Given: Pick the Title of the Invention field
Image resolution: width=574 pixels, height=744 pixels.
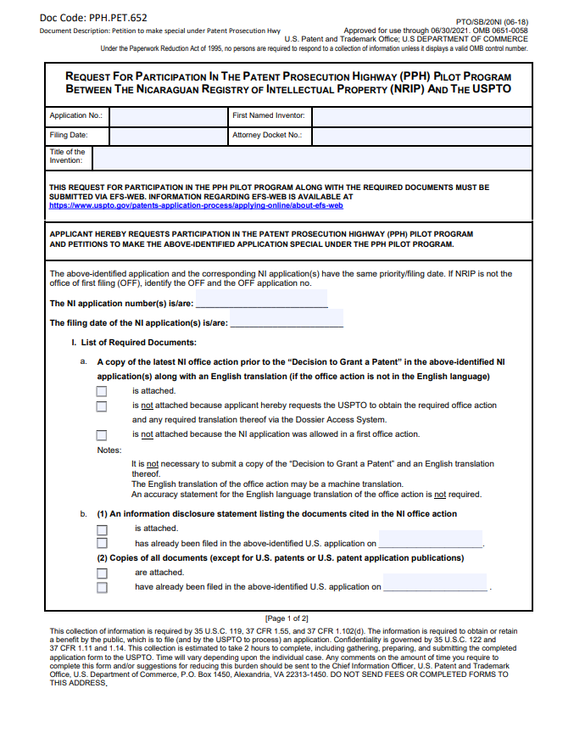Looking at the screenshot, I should (x=311, y=157).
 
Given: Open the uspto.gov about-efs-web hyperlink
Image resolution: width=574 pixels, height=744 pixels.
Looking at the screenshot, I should (x=196, y=205).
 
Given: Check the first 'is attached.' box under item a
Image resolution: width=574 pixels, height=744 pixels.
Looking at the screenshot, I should (x=102, y=391).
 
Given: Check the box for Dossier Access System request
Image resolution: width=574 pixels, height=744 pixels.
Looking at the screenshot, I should (x=102, y=406).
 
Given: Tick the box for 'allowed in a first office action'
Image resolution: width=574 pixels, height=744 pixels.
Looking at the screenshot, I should (x=102, y=434).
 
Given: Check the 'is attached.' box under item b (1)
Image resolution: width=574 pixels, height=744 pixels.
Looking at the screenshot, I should (x=102, y=529).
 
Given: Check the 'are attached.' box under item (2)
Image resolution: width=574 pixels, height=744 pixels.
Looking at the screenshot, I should (x=102, y=573).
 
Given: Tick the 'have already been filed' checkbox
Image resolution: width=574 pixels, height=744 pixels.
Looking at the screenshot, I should (x=102, y=587).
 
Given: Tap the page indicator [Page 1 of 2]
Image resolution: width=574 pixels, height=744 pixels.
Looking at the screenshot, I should (x=287, y=618).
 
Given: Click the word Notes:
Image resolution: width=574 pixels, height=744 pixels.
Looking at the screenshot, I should (x=109, y=450).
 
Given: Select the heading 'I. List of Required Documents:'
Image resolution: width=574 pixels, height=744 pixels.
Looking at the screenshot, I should (x=134, y=343).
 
